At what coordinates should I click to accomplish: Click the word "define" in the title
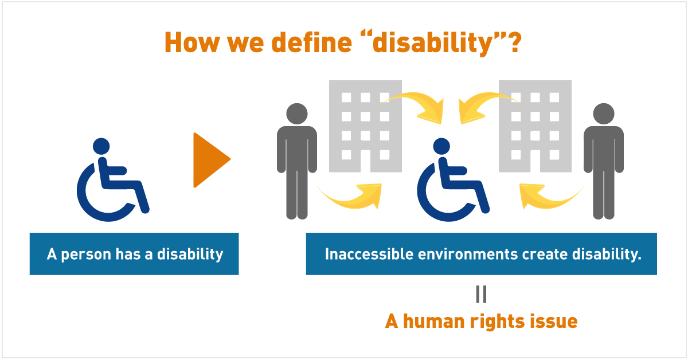(x=312, y=42)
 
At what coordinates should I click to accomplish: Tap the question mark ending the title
(x=513, y=42)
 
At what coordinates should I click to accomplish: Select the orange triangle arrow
(x=212, y=160)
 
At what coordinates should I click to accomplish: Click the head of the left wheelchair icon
(x=101, y=146)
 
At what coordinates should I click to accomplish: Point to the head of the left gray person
(x=297, y=114)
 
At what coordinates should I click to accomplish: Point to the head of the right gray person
(x=604, y=114)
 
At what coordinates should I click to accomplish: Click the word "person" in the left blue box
(x=86, y=255)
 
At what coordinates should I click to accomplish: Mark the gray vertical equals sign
(x=481, y=294)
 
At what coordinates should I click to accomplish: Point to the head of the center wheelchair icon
(x=441, y=146)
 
